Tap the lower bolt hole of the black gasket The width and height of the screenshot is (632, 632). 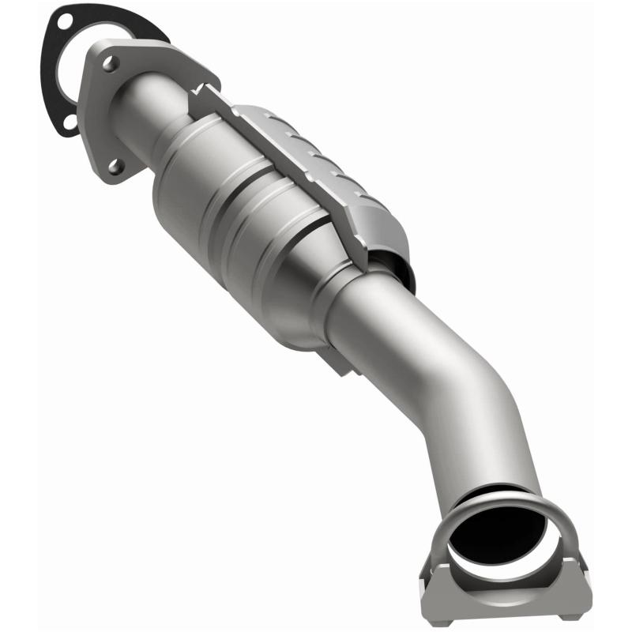point(70,122)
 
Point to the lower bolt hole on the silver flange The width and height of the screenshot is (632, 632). point(116,166)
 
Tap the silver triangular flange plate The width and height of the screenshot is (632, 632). point(99,118)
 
